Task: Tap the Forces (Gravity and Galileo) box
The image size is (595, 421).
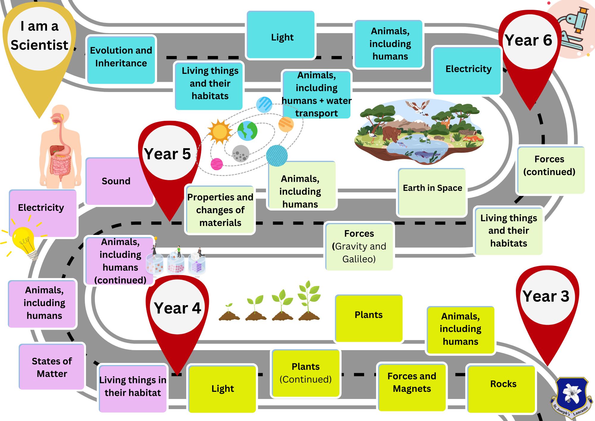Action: point(359,246)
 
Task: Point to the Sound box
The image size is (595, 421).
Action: point(116,181)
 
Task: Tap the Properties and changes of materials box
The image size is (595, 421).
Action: point(220,210)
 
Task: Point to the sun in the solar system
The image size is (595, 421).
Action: point(220,132)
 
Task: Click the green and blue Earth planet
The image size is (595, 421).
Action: point(247,131)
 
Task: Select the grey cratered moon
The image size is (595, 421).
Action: point(240,154)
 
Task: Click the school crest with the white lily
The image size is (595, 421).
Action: point(571,396)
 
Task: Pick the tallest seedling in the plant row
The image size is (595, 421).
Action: point(309,301)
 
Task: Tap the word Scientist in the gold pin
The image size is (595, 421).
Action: point(39,45)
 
